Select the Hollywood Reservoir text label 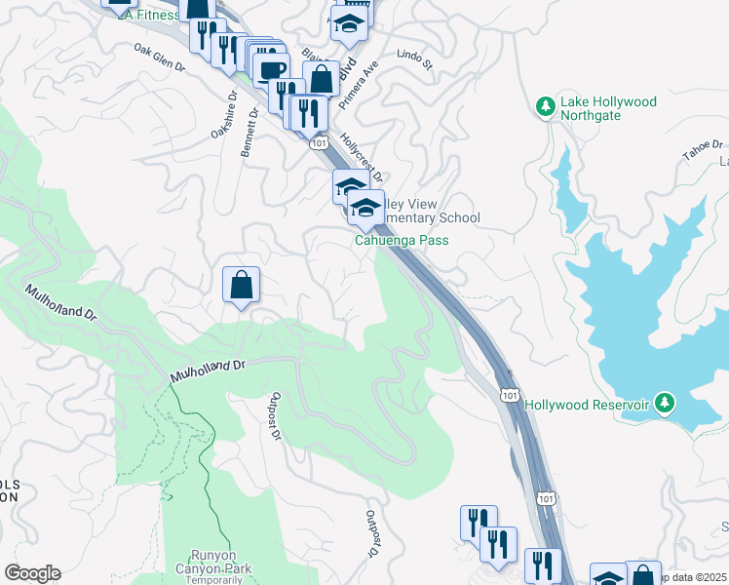[588, 404]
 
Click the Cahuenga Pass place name [401, 240]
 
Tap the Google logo [31, 573]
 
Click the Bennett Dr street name [250, 132]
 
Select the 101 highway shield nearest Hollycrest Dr [318, 143]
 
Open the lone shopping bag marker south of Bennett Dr [241, 286]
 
